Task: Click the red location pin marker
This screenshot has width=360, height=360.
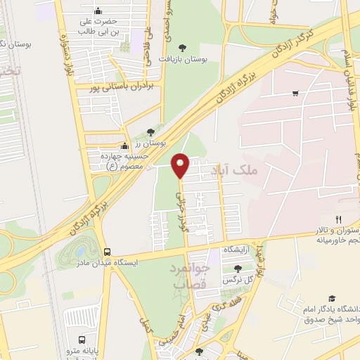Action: (181, 165)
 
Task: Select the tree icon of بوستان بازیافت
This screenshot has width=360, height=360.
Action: (183, 47)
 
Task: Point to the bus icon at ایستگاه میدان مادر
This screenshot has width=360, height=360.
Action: (108, 251)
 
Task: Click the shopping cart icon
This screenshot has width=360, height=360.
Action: (295, 94)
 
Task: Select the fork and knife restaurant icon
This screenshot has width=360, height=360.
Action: (339, 220)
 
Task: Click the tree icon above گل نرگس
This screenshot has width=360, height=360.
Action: (238, 268)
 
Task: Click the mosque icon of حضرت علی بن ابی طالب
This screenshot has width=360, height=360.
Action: (97, 11)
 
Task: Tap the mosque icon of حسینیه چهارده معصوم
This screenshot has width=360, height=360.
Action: (124, 146)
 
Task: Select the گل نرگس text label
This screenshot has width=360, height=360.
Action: (238, 280)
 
